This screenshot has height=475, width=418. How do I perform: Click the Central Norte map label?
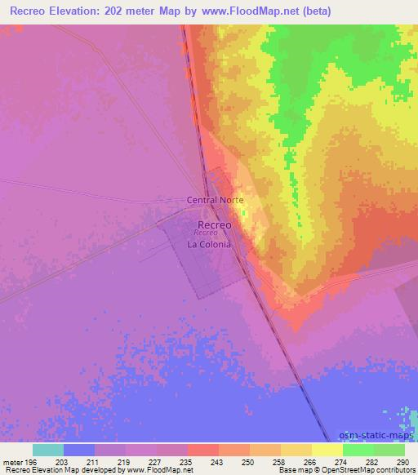coord(216,199)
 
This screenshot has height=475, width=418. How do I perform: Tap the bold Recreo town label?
coord(215,224)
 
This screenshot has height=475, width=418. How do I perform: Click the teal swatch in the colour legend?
coord(48,450)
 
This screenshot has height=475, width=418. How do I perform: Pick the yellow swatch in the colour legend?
coord(327,450)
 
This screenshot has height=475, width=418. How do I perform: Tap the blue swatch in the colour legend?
coord(79,450)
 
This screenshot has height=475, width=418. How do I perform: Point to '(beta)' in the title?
coord(313,11)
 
